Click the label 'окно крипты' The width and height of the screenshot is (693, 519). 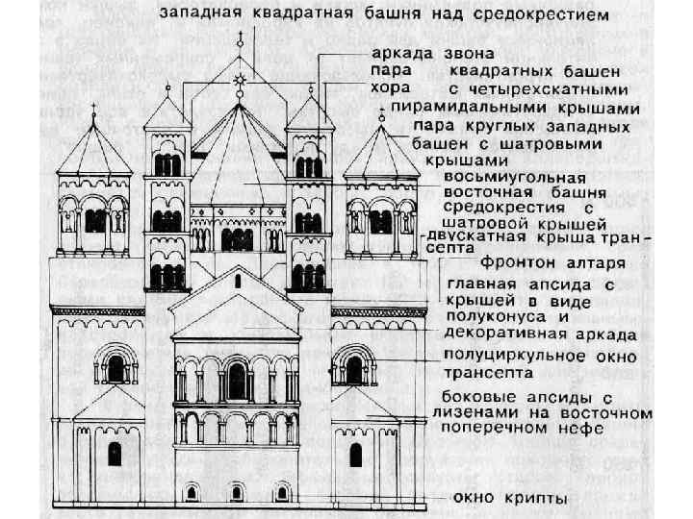(x=511, y=498)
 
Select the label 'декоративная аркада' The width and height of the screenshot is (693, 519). (x=540, y=335)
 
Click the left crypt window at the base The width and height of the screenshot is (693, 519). (x=192, y=492)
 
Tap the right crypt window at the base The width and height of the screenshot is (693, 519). (x=282, y=492)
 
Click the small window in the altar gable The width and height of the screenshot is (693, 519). (x=237, y=281)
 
